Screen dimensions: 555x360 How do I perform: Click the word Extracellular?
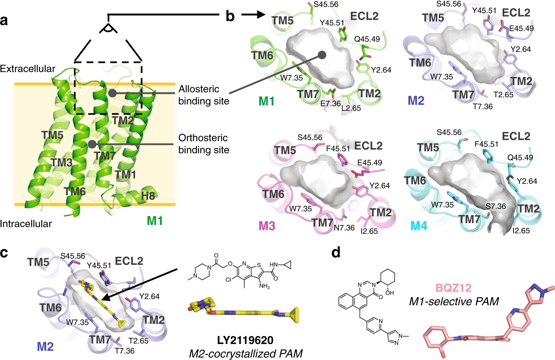pos(27,69)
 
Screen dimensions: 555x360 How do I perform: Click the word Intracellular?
pos(26,224)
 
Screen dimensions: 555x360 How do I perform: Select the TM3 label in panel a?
pos(61,162)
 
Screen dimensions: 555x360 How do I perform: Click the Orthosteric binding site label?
pos(204,144)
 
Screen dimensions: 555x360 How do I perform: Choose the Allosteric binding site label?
pos(204,95)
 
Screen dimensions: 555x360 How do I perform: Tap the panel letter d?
pos(336,253)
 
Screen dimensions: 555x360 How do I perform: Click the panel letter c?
pos(4,253)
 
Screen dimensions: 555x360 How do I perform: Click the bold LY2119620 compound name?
pos(245,340)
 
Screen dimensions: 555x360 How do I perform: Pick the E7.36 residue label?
pos(330,104)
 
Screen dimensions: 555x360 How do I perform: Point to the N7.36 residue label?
pos(344,228)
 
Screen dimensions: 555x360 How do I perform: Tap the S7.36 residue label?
pos(495,206)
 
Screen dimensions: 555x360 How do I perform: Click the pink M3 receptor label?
pos(267,226)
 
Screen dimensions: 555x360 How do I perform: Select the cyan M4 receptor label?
pos(418,226)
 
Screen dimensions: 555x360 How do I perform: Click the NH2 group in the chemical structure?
pos(264,286)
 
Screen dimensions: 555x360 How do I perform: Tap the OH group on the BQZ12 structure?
pos(389,293)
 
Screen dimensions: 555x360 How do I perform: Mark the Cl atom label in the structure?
pos(228,280)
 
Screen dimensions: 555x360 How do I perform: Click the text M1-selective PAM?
pos(454,302)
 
